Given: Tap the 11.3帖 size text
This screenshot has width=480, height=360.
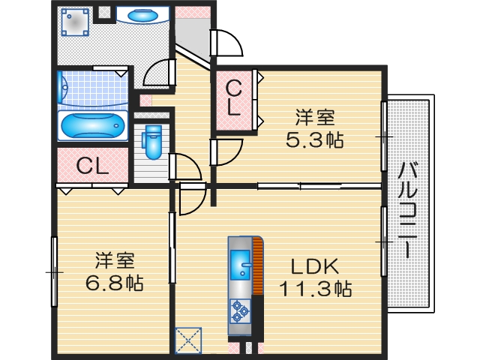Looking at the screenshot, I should (316, 289).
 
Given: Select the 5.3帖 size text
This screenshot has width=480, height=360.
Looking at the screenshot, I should (314, 139).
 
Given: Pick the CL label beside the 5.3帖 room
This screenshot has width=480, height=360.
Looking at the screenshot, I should (234, 97).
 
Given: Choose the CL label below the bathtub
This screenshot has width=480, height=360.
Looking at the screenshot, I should (93, 165).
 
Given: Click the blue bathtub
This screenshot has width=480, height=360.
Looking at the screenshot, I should (92, 126).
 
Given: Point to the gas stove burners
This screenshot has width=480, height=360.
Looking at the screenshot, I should (241, 310).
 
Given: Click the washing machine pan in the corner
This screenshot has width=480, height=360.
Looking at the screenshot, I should (75, 22).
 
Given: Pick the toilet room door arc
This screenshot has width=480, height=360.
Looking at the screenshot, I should (184, 166).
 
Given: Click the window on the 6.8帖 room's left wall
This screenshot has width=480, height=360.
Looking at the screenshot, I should (54, 271).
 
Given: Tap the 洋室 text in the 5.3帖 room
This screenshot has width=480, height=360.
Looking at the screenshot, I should (314, 118).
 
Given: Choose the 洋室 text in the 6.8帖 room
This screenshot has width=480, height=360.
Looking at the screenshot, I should (115, 261).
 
